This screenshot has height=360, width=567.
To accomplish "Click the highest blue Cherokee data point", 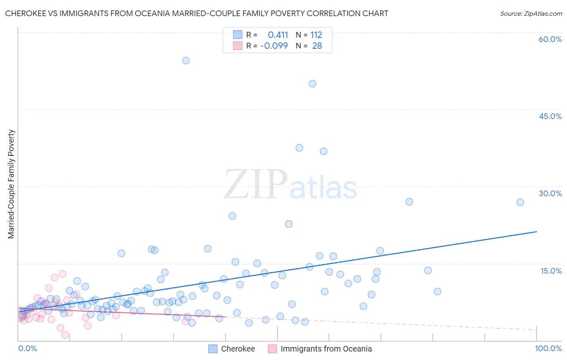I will click(186, 61).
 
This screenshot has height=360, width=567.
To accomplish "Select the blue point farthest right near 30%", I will click(520, 202).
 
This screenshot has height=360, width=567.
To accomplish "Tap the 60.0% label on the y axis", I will click(550, 39).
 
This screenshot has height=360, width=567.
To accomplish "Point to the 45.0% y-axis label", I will click(550, 116).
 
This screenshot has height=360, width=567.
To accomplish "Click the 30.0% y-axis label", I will click(550, 193).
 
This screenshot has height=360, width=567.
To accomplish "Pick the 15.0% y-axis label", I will click(551, 271).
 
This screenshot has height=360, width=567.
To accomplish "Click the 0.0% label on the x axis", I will click(27, 348).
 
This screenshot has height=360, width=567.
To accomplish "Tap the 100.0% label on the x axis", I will click(548, 348).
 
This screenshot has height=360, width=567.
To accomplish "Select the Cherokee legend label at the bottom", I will click(238, 349).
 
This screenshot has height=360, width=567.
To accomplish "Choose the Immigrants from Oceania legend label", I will click(326, 349).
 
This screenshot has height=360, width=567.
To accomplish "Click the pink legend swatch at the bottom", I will click(273, 349).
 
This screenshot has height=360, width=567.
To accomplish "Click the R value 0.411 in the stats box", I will click(278, 35).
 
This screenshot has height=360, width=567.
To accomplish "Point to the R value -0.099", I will click(274, 46).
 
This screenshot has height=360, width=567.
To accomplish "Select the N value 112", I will click(316, 35).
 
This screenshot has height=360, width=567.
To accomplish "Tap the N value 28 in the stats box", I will click(317, 46).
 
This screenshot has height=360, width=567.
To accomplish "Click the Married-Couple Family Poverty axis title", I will click(11, 184).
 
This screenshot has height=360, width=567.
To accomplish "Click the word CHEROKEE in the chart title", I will click(25, 13).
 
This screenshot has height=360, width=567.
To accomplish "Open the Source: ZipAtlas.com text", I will click(531, 14).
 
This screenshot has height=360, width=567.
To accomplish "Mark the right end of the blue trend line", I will click(537, 232).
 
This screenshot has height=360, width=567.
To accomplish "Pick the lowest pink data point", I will click(65, 335).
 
